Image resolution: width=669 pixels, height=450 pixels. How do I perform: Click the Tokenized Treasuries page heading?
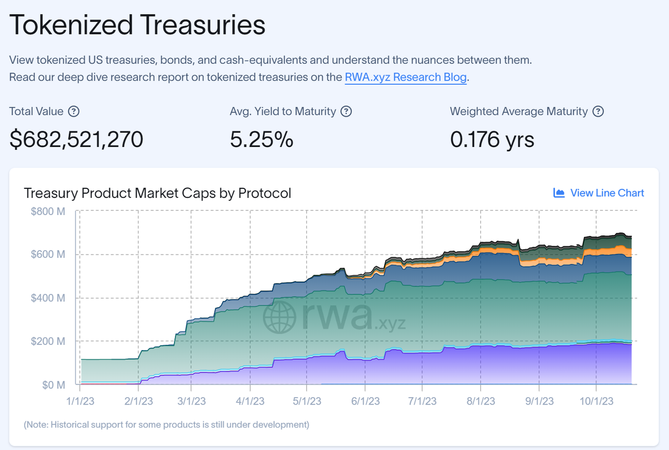[137, 25]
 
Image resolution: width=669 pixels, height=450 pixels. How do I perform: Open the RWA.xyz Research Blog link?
[406, 77]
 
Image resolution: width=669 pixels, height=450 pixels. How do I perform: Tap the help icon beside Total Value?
[74, 111]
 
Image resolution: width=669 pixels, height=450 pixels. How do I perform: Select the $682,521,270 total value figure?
[76, 139]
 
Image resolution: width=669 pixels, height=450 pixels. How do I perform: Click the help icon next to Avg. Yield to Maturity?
[346, 111]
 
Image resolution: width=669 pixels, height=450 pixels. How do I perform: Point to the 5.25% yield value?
[261, 139]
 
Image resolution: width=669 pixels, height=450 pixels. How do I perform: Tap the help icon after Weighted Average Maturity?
[598, 111]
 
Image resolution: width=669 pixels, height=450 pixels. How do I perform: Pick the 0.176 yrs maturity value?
[492, 139]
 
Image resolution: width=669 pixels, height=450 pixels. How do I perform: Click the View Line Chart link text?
[607, 193]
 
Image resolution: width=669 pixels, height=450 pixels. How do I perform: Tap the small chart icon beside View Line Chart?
[559, 193]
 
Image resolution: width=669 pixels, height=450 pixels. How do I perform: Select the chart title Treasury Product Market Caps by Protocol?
[157, 193]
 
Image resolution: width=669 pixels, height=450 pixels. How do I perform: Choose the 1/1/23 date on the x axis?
[79, 401]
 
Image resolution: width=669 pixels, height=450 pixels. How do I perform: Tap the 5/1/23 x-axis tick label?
[307, 401]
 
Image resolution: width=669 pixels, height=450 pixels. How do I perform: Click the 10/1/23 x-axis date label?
[596, 401]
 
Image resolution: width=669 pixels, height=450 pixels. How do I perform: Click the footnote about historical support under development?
[166, 424]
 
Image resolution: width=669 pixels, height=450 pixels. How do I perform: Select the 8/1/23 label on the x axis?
[481, 401]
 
